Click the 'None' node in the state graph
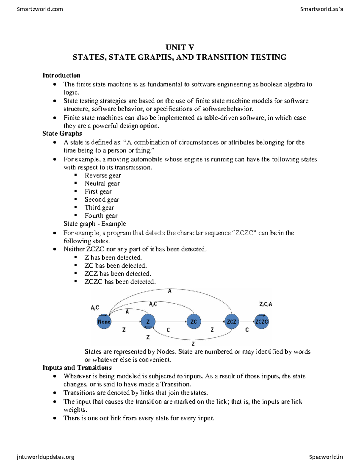click(x=104, y=322)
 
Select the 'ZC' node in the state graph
click(x=193, y=322)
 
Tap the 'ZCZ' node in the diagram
click(x=231, y=322)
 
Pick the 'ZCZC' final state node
click(x=261, y=322)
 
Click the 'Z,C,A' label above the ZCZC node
click(x=265, y=304)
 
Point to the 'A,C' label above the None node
click(x=95, y=308)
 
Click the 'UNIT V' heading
click(x=180, y=47)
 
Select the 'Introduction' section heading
click(x=61, y=75)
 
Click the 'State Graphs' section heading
click(x=62, y=134)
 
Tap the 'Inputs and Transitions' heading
click(x=77, y=368)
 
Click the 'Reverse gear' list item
click(x=103, y=176)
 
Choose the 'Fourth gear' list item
click(x=101, y=216)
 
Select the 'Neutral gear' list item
click(x=102, y=184)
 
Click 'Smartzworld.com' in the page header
click(x=40, y=9)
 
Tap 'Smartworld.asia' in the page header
click(x=321, y=9)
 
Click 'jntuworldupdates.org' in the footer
click(x=46, y=457)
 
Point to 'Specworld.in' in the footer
click(x=326, y=457)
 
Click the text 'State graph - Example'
click(x=94, y=224)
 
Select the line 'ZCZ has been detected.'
click(x=118, y=274)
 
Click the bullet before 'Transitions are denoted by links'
click(x=54, y=393)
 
